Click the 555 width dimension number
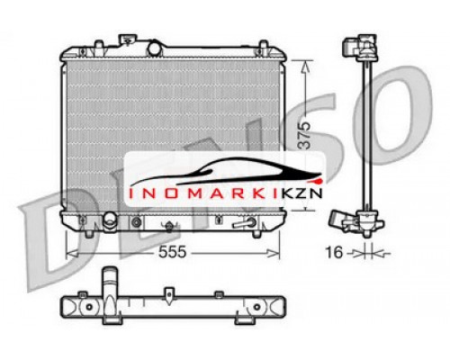(172, 252)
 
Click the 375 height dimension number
(305, 135)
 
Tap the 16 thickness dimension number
(334, 252)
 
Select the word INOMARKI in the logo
(203, 193)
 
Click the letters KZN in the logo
(301, 193)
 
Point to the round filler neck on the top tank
(155, 49)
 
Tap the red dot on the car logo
(319, 181)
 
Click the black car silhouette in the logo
(225, 172)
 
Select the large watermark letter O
(394, 115)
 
